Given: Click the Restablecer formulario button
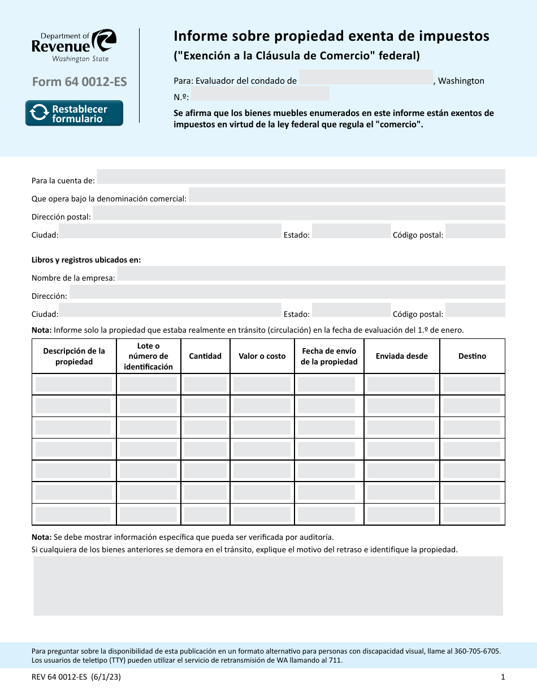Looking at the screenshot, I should coord(74,113).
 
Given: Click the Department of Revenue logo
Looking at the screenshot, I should coord(74,45).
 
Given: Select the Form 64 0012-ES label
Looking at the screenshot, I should coord(79,81).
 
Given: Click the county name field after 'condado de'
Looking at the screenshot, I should coord(366,78).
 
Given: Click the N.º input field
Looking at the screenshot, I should coord(260,94).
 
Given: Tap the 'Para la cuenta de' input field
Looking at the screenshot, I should coord(301,177).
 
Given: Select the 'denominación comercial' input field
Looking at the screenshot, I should coord(347,195).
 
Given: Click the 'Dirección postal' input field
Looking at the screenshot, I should coord(298,213).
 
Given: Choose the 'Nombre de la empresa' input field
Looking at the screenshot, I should coord(311,274).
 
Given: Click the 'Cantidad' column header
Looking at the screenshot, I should coord(205,356).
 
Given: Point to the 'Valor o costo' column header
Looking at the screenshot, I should coord(262,356).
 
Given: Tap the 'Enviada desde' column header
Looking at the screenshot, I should coord(401,356).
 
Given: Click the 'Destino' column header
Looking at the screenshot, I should coord(472,356).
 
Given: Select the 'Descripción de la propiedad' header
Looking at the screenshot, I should coord(74,356).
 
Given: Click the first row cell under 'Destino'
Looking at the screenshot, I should coord(472,385).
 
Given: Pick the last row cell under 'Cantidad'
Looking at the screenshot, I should coord(205,514).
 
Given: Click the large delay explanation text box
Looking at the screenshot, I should coord(268,586).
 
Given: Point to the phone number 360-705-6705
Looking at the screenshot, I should coord(480,651).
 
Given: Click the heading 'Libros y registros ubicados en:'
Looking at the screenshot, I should coord(86,260).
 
